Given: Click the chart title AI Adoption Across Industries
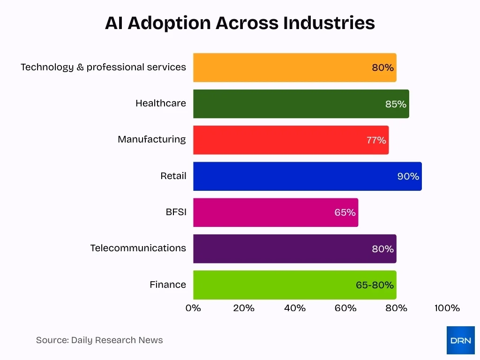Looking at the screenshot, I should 240,22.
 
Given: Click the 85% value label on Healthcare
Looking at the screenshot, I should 396,104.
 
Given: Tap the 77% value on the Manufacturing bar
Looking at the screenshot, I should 376,140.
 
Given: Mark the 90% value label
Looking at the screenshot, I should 408,176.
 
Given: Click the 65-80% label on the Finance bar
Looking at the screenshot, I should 375,285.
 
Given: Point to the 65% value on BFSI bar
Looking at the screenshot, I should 345,212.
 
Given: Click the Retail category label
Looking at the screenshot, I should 173,176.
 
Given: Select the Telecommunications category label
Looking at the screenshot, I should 138,248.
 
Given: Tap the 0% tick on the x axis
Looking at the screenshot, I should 193,308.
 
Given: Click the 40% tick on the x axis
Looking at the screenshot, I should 295,308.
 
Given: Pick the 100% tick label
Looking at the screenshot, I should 447,308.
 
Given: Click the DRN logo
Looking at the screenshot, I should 460,340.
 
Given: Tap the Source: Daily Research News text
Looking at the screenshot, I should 99,340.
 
